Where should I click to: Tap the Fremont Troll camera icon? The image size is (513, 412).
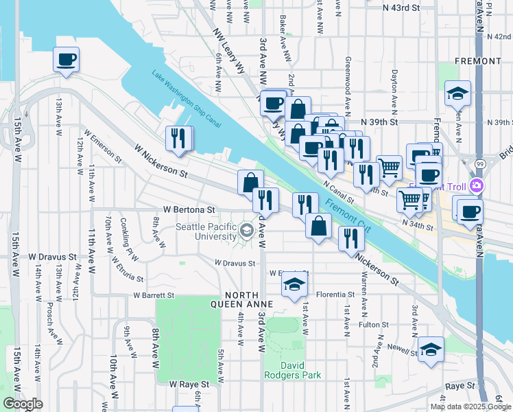click(477, 186)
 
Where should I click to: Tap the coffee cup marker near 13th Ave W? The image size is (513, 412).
click(67, 59)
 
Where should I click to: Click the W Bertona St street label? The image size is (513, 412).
click(189, 209)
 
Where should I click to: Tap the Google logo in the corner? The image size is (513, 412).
click(22, 404)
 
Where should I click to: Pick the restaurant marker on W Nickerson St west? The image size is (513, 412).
click(179, 138)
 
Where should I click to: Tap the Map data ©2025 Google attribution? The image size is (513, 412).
click(470, 407)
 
